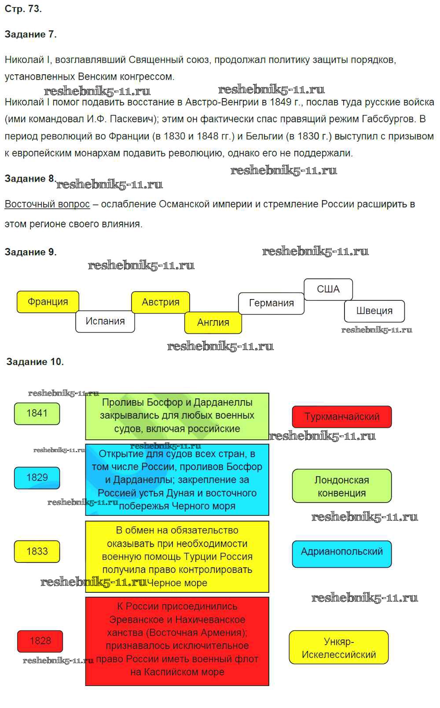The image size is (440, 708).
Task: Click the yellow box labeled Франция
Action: click(48, 302)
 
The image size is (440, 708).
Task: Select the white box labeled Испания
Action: click(105, 321)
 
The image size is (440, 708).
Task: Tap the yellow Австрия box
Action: click(161, 302)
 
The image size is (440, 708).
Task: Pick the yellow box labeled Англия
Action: click(213, 322)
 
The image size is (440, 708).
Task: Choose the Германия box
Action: click(271, 303)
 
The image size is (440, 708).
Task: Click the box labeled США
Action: click(328, 289)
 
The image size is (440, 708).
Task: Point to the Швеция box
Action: click(374, 311)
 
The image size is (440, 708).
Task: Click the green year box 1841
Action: click(37, 413)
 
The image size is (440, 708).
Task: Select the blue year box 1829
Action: click(37, 478)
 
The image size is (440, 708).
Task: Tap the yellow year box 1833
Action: click(37, 551)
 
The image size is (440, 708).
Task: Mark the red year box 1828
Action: click(40, 641)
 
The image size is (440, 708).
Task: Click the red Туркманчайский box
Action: click(342, 417)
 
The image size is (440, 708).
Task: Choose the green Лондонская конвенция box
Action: click(342, 486)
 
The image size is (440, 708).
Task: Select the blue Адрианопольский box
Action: click(342, 552)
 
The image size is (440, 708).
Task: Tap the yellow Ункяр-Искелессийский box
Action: click(339, 648)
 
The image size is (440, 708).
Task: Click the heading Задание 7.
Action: click(30, 34)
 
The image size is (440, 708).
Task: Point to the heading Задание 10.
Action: click(35, 362)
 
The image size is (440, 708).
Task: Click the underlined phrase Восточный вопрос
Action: click(47, 204)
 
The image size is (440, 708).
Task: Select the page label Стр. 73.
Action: click(23, 9)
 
